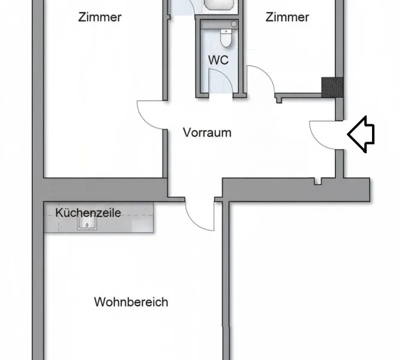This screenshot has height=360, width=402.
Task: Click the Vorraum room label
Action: (x=207, y=133)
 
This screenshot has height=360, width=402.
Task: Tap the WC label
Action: (x=218, y=60)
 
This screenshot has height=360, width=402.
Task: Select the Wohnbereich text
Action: (x=131, y=302)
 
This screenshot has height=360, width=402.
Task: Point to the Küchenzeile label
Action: (x=88, y=213)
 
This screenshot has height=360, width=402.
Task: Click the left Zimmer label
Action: (x=100, y=17)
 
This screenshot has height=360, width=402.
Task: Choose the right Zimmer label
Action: (x=287, y=17)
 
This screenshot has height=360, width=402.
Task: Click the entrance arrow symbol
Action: (x=361, y=134)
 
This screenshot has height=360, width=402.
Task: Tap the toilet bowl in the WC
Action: (x=226, y=38)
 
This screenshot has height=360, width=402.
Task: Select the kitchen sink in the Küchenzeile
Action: (x=87, y=223)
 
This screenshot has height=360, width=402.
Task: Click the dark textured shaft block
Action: (x=332, y=88)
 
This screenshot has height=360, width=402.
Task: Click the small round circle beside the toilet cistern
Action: (x=234, y=24)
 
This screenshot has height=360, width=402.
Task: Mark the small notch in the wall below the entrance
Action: (x=318, y=181)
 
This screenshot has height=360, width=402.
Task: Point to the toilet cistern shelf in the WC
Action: (x=218, y=25)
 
